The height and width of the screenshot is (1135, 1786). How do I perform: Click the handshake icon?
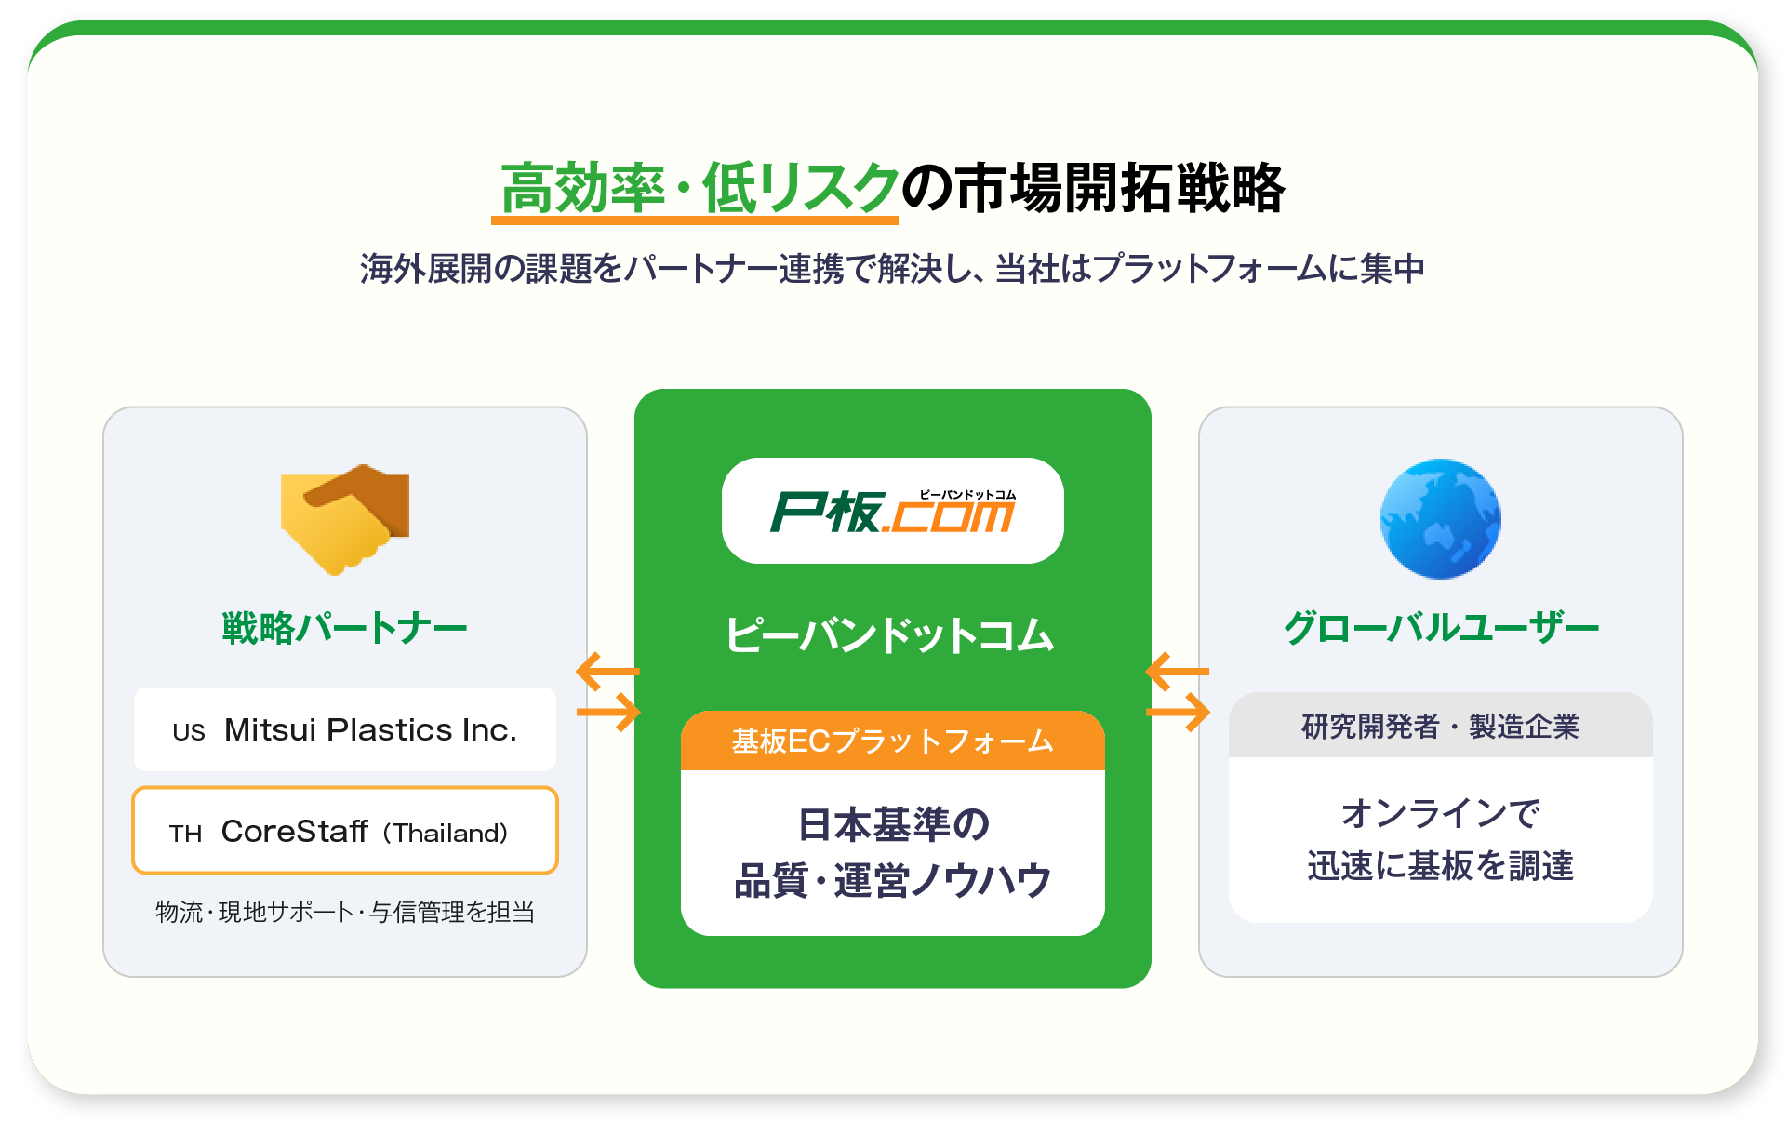[345, 518]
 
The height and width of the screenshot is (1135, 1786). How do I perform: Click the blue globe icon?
[1440, 518]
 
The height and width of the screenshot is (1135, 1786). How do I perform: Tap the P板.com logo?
[892, 511]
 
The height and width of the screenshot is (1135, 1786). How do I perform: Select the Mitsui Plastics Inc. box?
[345, 729]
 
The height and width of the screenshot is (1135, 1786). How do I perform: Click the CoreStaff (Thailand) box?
[345, 831]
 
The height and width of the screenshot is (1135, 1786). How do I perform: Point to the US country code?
[188, 732]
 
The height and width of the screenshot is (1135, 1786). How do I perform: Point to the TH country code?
[185, 834]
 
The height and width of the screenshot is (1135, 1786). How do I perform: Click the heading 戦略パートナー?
[344, 628]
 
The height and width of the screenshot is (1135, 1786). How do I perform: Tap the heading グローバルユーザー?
[1440, 628]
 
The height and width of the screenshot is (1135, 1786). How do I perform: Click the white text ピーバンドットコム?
[890, 636]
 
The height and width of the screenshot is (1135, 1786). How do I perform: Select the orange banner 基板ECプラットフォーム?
[892, 741]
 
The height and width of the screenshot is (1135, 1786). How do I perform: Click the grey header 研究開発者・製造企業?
[1440, 727]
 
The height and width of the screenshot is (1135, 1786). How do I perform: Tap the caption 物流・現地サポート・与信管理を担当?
[345, 912]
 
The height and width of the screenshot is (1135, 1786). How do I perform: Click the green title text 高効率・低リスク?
[699, 189]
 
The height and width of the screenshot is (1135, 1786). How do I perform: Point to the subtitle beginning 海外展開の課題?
[892, 269]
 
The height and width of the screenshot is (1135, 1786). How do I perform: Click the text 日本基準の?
[893, 824]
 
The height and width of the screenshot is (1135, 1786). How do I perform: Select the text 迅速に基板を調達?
[1440, 866]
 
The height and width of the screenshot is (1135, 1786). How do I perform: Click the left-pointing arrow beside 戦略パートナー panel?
[607, 671]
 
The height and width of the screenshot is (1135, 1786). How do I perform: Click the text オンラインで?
[1440, 814]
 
